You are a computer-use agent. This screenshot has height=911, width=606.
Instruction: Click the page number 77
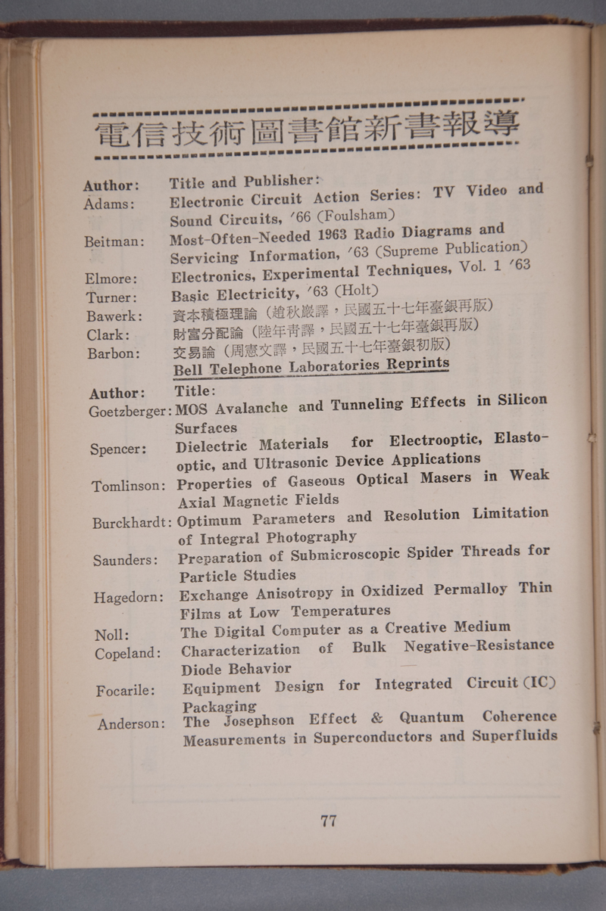[x=328, y=820]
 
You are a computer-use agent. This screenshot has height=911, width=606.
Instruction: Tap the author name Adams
[x=108, y=204]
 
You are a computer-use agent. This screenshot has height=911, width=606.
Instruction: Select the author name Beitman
[x=114, y=241]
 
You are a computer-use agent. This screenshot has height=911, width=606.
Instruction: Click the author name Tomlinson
[x=127, y=486]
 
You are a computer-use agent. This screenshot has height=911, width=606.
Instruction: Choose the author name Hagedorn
[x=127, y=598]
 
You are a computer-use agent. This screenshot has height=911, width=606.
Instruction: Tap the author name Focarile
[x=125, y=691]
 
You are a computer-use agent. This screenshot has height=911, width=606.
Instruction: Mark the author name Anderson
[x=130, y=724]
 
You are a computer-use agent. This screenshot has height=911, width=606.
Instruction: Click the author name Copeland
[x=127, y=654]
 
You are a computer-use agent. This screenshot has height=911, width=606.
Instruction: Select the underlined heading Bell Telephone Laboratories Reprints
[x=311, y=367]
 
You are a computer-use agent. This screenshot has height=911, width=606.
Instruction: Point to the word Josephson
[x=258, y=721]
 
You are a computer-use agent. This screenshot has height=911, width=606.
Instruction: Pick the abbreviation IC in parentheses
[x=539, y=682]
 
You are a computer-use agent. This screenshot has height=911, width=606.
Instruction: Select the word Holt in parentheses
[x=361, y=289]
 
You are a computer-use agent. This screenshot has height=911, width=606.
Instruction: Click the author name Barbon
[x=112, y=353]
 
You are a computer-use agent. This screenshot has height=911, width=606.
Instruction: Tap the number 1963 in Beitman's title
[x=337, y=234]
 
